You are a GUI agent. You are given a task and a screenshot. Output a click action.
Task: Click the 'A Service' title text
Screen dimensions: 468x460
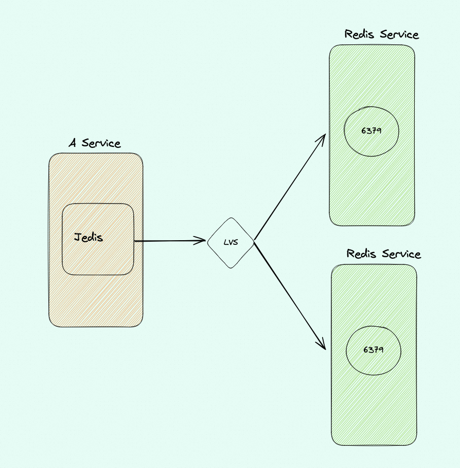(x=95, y=143)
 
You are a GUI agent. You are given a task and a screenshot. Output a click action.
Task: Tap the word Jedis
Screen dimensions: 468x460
(x=89, y=238)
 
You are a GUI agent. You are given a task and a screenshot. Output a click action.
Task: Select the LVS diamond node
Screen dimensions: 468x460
(x=231, y=242)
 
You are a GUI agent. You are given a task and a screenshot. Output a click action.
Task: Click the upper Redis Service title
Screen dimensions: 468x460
(x=382, y=35)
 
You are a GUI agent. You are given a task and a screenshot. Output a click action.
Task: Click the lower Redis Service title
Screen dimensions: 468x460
(x=384, y=254)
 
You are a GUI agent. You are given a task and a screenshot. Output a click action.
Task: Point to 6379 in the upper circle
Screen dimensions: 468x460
(x=371, y=130)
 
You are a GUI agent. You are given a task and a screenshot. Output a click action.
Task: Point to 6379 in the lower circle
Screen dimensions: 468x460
(x=374, y=349)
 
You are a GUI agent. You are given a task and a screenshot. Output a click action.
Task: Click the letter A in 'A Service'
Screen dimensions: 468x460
(x=73, y=143)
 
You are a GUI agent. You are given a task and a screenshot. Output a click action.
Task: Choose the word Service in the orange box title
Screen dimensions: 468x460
(x=102, y=143)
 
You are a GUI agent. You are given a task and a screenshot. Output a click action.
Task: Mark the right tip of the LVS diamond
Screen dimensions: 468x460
(x=254, y=241)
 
